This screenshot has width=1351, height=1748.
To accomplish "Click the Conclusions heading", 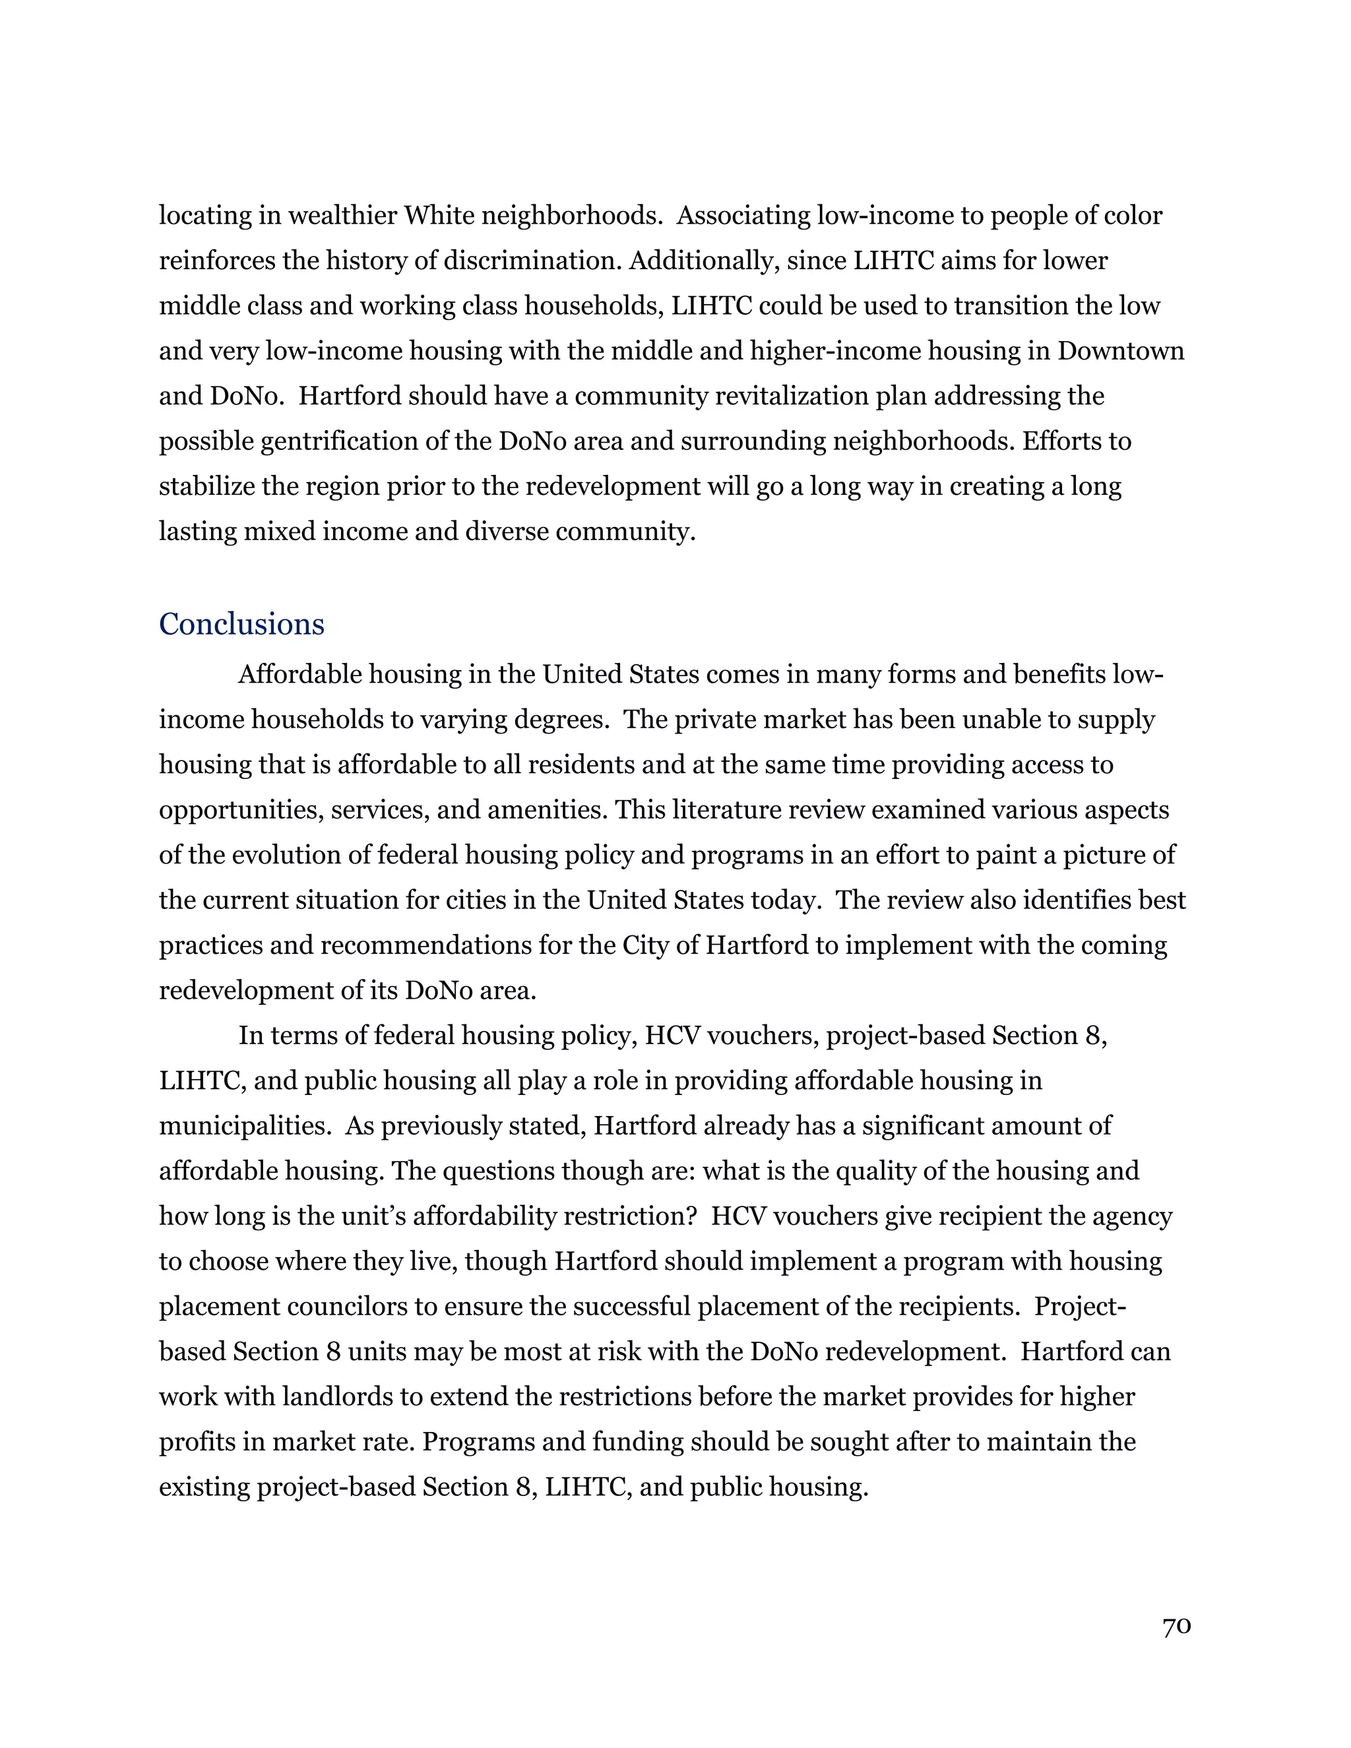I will click(x=241, y=624).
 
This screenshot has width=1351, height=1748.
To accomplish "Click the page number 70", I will click(x=1177, y=1627).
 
